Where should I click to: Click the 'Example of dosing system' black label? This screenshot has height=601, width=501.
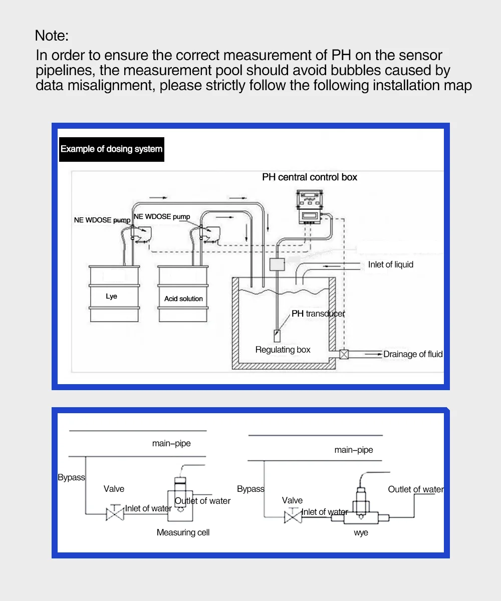point(112,149)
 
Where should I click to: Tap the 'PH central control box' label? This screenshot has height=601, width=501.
point(310,177)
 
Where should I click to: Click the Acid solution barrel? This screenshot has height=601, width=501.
point(183,294)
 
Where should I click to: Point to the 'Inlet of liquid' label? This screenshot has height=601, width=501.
point(391,264)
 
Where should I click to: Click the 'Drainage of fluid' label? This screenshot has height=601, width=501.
point(413,354)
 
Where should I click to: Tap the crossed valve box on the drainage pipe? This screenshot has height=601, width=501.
point(344,354)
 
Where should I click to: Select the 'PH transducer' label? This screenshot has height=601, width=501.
point(318,314)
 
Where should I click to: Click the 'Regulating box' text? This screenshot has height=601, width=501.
point(283,350)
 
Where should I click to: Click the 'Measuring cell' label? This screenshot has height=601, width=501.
point(183,532)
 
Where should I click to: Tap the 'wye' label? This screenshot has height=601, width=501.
point(361,532)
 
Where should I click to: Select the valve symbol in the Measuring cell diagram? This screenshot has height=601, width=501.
point(115,513)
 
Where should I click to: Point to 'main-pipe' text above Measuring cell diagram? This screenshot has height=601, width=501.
point(171,443)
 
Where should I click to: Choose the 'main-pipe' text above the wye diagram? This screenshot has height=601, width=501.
point(354,450)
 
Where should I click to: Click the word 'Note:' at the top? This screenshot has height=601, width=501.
point(52,36)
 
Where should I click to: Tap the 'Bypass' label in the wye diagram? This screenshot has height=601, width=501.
point(250,489)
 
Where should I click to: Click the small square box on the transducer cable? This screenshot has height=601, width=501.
point(277,264)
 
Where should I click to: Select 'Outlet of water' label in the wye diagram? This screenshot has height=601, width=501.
point(416,489)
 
